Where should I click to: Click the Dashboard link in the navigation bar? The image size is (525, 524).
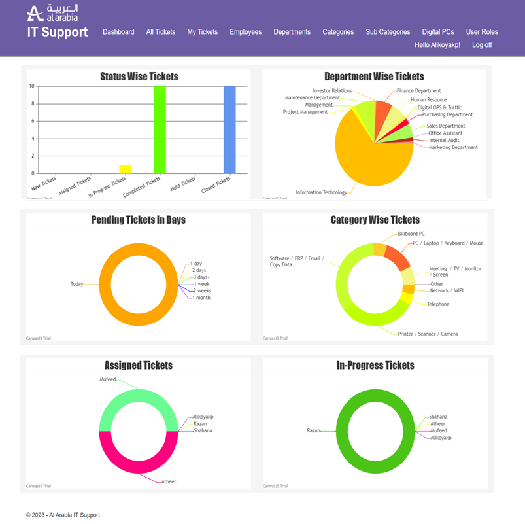click(x=118, y=32)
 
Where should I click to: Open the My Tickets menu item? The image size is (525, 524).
click(x=202, y=32)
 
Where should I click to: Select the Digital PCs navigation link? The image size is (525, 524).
click(x=437, y=32)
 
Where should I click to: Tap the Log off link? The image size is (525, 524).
click(x=482, y=45)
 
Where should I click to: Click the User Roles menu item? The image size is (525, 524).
click(x=482, y=32)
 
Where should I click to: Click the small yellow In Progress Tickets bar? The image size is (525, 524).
click(x=125, y=169)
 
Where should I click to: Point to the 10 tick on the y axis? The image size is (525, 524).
click(x=31, y=86)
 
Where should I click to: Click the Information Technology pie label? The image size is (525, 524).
click(x=321, y=192)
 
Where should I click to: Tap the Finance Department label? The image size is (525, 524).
click(x=418, y=91)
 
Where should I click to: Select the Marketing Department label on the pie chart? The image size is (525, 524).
click(x=452, y=148)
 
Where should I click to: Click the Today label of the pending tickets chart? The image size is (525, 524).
click(x=76, y=284)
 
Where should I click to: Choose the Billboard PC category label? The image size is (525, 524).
click(x=411, y=234)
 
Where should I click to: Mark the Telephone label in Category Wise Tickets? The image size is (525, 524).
click(x=437, y=304)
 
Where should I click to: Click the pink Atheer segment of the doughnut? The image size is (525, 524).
click(x=139, y=461)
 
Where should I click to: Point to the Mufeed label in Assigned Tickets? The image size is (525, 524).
click(x=108, y=379)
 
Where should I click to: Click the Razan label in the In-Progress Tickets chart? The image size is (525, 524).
click(x=313, y=431)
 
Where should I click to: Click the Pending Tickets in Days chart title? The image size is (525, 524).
click(x=139, y=220)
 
